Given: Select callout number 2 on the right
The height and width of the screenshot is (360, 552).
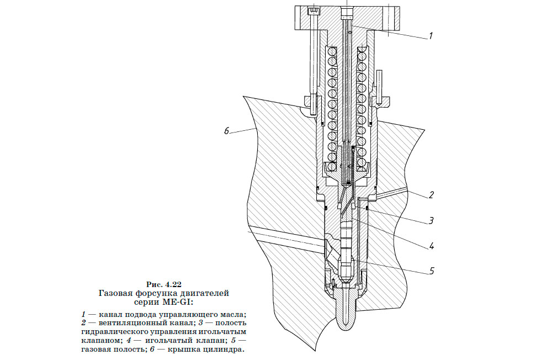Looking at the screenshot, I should tap(431, 194).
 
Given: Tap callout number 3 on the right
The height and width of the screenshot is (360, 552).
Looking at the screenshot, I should tap(432, 220).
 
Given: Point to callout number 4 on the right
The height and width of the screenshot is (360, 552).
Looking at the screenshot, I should tap(432, 246).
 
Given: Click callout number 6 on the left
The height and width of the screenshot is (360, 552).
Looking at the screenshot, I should tap(226, 131).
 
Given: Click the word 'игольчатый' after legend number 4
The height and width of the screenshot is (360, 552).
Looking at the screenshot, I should tap(160, 341).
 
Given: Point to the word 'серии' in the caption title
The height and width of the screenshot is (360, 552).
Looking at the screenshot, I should tap(146, 302).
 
